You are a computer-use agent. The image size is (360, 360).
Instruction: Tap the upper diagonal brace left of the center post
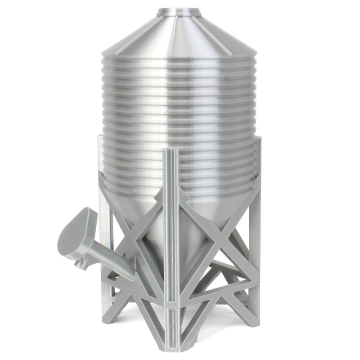click(144, 216)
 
